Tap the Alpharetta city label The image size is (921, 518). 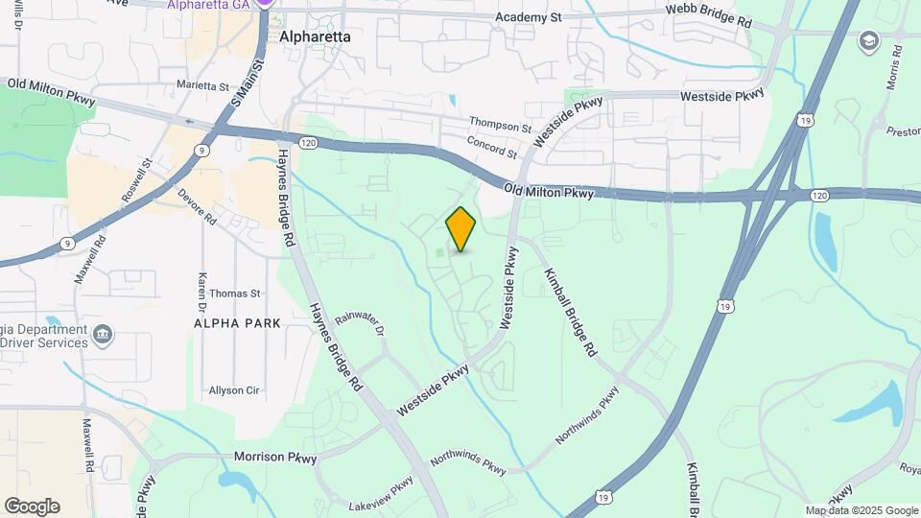(x=315, y=36)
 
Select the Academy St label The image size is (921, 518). (x=528, y=17)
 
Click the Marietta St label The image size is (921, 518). (x=204, y=84)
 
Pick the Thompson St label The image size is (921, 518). (x=500, y=126)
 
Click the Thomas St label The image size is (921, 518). (x=235, y=294)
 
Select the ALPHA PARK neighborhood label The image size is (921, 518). (x=238, y=323)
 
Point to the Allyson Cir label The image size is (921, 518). (x=234, y=390)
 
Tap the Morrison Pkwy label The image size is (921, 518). (x=275, y=459)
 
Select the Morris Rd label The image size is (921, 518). (x=895, y=67)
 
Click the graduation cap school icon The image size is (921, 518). (x=869, y=40)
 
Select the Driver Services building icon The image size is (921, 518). (x=103, y=336)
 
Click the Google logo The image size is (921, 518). (x=32, y=506)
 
